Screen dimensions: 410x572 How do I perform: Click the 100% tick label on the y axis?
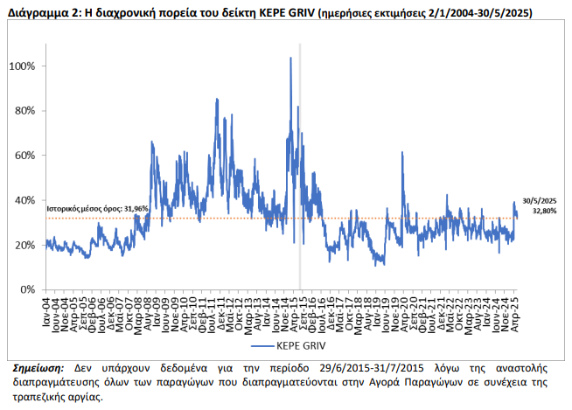coord(23,66)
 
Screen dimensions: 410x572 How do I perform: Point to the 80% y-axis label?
coord(24,111)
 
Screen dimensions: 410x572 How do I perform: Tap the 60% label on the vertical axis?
coord(24,156)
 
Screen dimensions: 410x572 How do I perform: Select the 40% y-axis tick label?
coord(24,200)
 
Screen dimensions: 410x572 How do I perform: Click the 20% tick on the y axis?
coord(24,245)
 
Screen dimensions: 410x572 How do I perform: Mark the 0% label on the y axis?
coord(27,289)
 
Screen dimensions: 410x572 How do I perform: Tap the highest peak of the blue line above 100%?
coord(290,59)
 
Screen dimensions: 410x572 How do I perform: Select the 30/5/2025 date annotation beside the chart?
coord(541,199)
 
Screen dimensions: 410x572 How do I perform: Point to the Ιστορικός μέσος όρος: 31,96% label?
coord(96,208)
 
